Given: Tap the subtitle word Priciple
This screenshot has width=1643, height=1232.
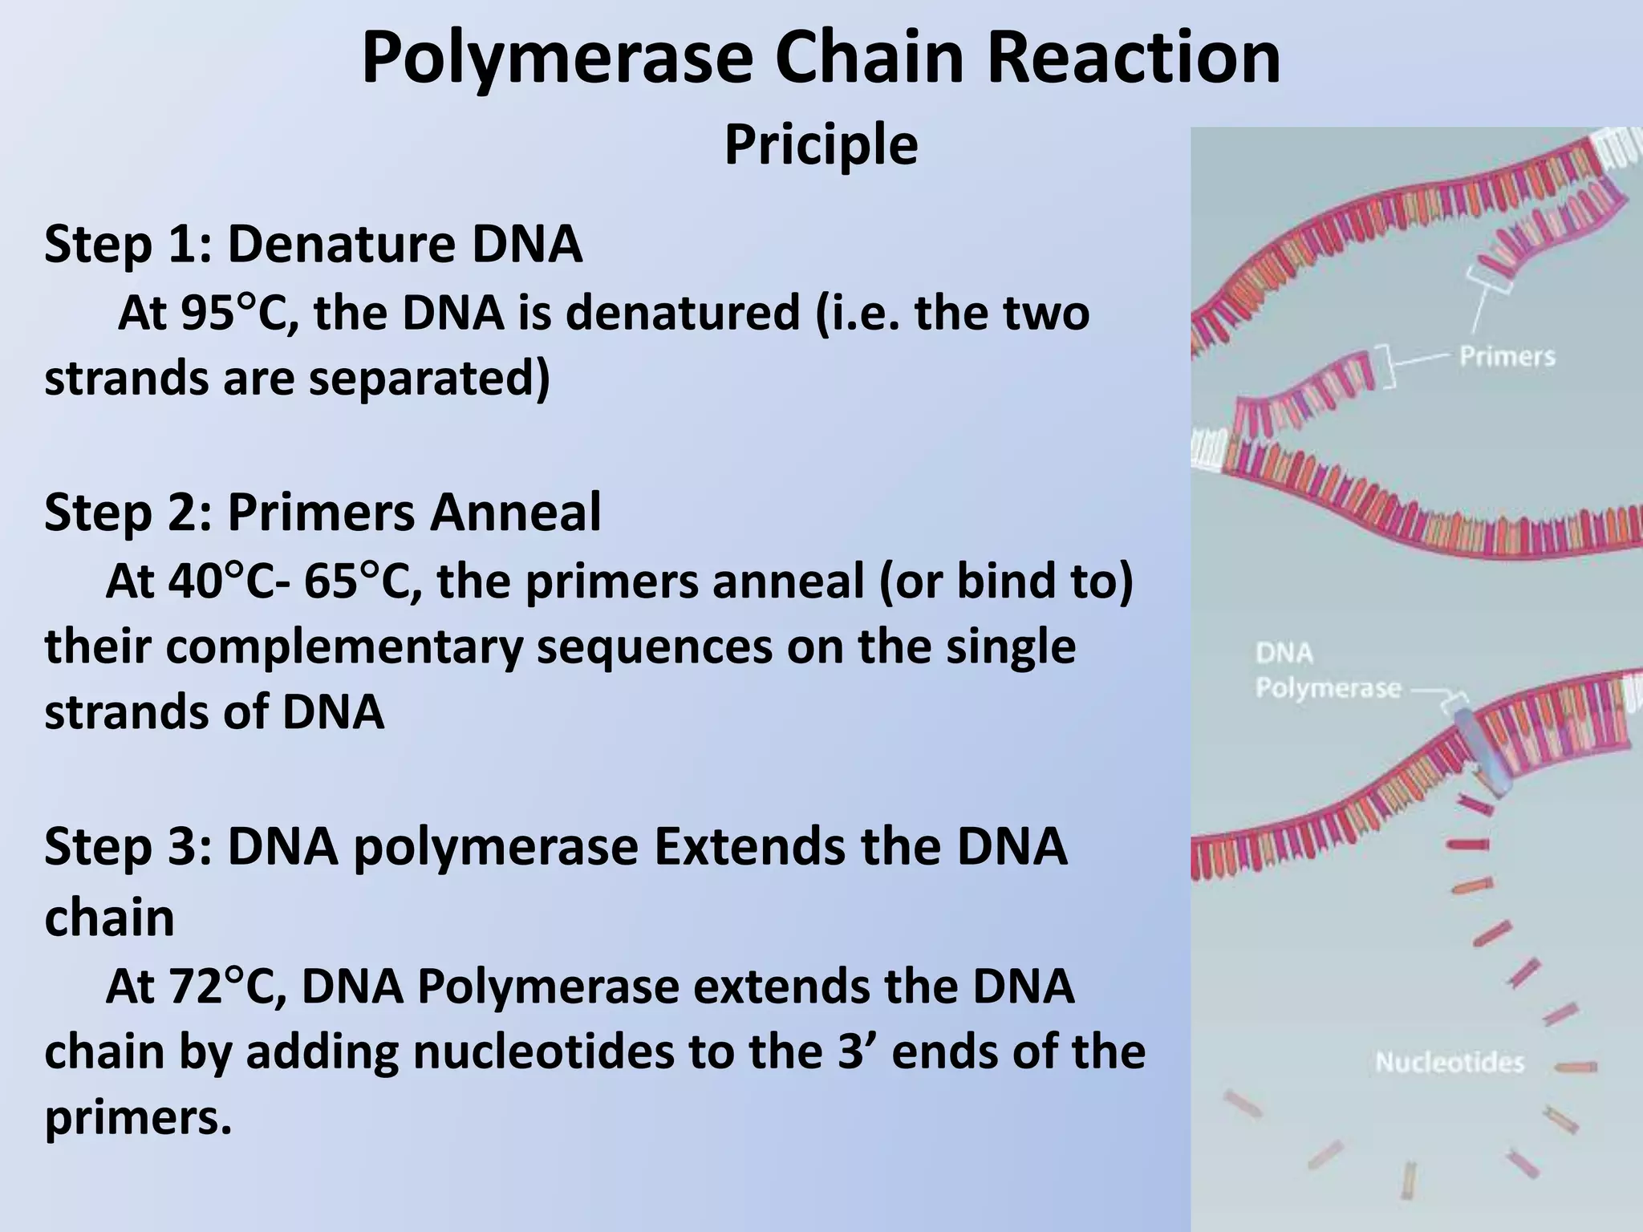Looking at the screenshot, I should pos(821,145).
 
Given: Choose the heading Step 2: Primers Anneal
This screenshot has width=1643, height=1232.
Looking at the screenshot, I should pos(323,513).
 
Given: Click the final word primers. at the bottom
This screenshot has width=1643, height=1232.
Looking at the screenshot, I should pos(138,1117).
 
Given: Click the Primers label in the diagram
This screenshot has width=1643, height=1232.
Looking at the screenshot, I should pos(1507,356).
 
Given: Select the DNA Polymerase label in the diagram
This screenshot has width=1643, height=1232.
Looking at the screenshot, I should pos(1327,671).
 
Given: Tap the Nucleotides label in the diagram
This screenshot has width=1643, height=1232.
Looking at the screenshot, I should pos(1449,1063).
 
